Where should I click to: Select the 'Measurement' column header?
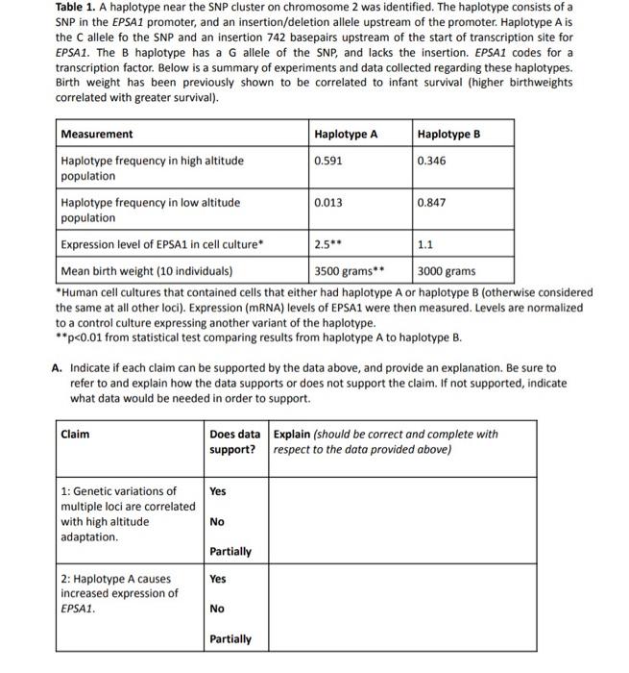tap(97, 135)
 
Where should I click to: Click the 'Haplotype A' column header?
tap(346, 135)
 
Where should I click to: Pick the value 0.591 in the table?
tap(327, 161)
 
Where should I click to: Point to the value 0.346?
tap(432, 161)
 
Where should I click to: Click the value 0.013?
tap(327, 203)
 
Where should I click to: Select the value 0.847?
tap(432, 203)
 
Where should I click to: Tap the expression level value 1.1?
tap(425, 245)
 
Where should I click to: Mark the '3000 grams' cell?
tap(447, 271)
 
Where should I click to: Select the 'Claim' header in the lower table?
tap(76, 434)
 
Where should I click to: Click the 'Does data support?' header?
tap(236, 441)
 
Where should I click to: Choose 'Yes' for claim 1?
tap(218, 491)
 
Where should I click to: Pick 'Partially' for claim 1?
tap(230, 552)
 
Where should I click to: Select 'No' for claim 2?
tap(217, 609)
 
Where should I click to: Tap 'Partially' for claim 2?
tap(230, 639)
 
